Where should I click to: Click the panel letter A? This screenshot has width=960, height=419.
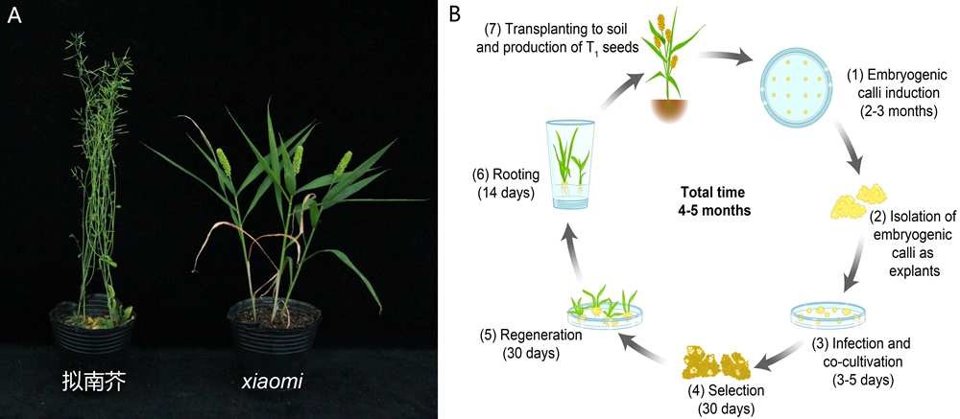click(x=14, y=16)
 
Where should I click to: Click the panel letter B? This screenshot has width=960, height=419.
click(x=456, y=13)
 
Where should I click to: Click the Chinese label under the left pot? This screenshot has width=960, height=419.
click(x=94, y=382)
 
